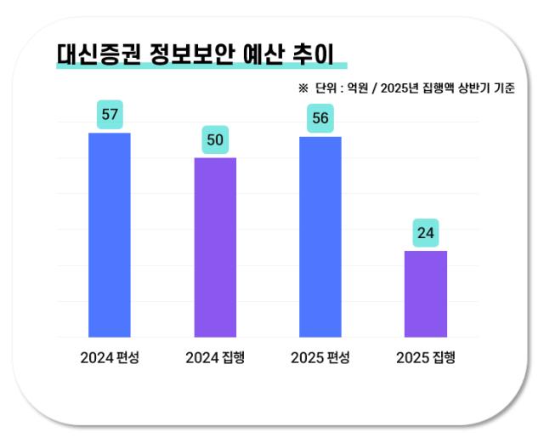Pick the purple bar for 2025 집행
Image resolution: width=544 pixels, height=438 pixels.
[x=425, y=293]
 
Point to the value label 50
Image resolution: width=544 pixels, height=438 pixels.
[x=215, y=139]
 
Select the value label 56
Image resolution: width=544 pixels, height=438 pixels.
[x=320, y=118]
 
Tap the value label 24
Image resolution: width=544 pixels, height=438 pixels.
[x=425, y=232]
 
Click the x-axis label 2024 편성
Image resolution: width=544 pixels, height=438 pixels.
[x=110, y=358]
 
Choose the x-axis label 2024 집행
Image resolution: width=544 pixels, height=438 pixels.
[x=215, y=358]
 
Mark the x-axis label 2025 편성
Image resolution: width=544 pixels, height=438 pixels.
[x=320, y=358]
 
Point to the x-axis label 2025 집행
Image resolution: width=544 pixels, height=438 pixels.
[x=425, y=358]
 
